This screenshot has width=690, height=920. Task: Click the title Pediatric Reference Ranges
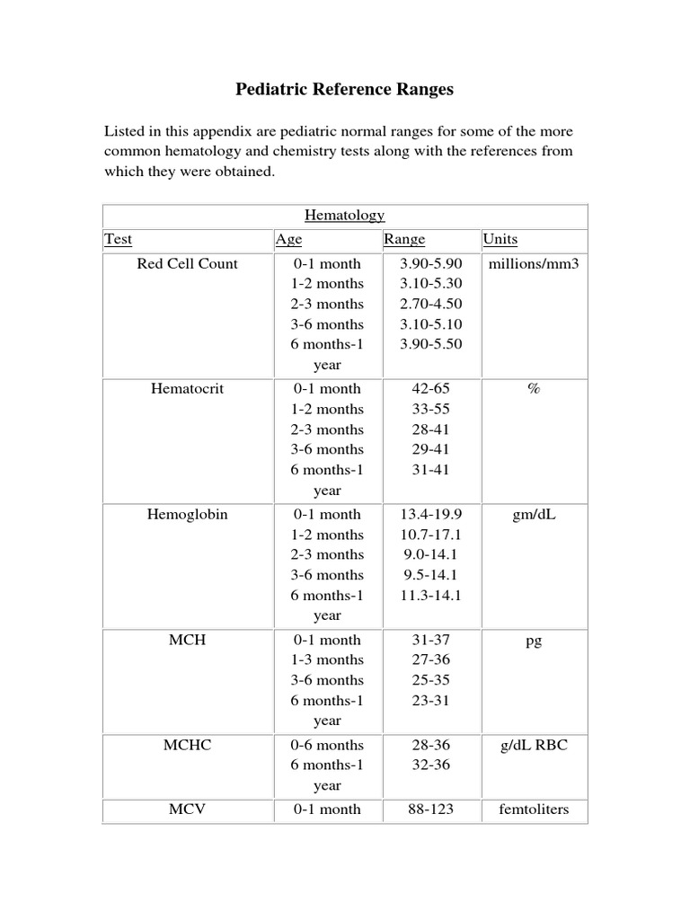click(344, 89)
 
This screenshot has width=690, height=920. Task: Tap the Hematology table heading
click(344, 216)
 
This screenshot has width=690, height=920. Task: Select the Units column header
click(500, 240)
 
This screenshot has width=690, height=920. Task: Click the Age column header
click(288, 240)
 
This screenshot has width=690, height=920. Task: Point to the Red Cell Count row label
click(188, 264)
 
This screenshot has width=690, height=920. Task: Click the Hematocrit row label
click(188, 389)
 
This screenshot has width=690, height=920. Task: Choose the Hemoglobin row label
click(188, 515)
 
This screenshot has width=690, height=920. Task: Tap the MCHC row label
click(188, 746)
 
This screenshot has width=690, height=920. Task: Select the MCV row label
click(188, 809)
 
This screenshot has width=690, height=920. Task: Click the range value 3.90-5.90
click(431, 264)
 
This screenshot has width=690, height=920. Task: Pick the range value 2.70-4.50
click(431, 305)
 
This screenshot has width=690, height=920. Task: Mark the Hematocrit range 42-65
click(431, 389)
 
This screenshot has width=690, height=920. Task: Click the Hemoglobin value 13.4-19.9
click(431, 515)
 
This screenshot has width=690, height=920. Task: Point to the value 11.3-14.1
click(431, 596)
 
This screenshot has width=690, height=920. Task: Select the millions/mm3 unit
click(534, 264)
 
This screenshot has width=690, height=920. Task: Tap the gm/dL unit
click(534, 515)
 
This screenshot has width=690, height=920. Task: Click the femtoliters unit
click(534, 809)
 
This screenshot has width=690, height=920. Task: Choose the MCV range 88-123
click(431, 809)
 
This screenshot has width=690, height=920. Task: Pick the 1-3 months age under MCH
click(327, 660)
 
